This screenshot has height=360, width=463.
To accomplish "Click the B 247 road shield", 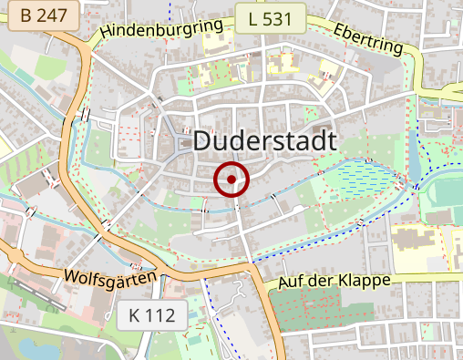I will [x=42, y=16].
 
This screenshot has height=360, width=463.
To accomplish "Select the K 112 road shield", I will [x=152, y=316].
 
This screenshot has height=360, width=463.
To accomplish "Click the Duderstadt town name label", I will [x=265, y=141].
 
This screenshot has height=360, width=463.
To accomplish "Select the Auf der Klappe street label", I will [x=334, y=280].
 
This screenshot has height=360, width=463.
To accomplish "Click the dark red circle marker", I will [x=231, y=180].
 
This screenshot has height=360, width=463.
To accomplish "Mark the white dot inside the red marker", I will [x=231, y=180].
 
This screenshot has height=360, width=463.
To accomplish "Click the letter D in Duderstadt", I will [x=204, y=141].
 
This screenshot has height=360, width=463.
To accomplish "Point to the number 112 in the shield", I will [x=161, y=316].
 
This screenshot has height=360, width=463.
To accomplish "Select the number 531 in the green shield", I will [x=277, y=17].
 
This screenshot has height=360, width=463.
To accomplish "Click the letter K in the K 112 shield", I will [x=135, y=316].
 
